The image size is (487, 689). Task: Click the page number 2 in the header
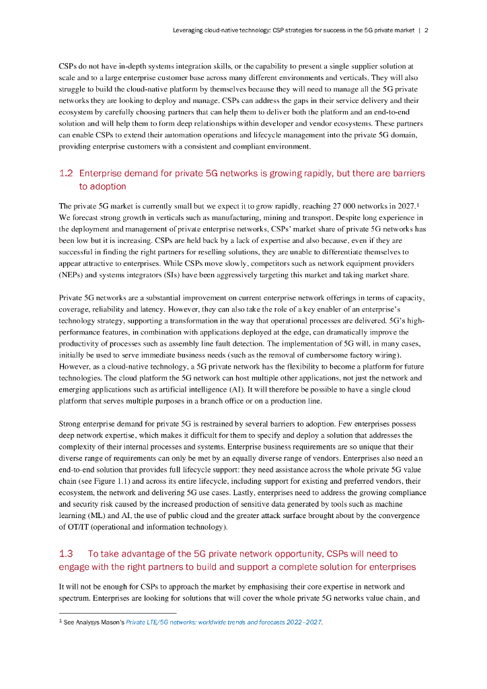click(426, 30)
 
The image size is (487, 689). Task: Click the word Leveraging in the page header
click(191, 30)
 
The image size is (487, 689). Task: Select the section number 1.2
click(66, 174)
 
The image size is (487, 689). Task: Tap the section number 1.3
click(66, 554)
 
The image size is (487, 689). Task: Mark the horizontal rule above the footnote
click(118, 613)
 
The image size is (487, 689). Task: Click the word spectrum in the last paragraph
click(75, 597)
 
